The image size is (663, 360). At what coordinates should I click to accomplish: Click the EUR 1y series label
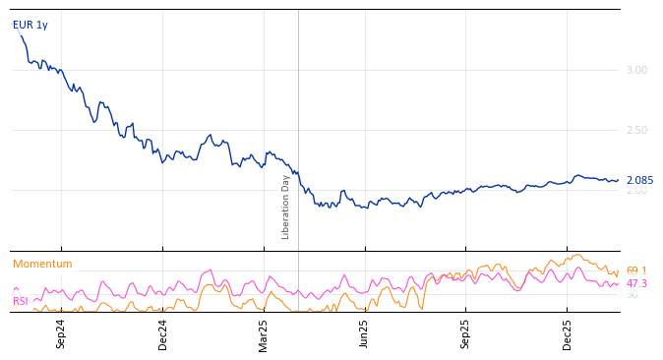[x=30, y=25]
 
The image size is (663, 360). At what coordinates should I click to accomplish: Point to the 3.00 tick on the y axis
[x=636, y=70]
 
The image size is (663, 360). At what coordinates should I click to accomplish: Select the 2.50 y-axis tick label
[x=636, y=130]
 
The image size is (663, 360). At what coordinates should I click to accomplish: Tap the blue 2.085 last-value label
[x=639, y=180]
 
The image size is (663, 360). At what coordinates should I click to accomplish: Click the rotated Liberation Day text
[x=286, y=207]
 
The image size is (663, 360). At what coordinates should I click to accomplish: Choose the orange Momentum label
[x=42, y=264]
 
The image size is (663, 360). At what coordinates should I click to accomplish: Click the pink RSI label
[x=21, y=301]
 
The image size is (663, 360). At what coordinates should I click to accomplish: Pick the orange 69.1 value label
[x=636, y=270]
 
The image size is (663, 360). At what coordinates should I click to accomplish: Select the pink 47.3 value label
[x=636, y=283]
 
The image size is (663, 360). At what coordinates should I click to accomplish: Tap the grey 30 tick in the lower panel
[x=633, y=295]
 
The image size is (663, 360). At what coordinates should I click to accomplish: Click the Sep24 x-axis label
[x=61, y=333]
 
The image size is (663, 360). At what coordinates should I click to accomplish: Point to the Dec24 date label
[x=163, y=333]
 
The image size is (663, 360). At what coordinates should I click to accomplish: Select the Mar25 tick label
[x=264, y=333]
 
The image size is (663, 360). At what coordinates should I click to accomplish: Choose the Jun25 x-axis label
[x=365, y=333]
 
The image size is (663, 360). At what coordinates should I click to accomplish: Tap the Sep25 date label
[x=466, y=333]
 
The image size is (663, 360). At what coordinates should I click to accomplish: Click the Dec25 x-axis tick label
[x=568, y=333]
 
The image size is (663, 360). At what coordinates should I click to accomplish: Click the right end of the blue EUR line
[x=618, y=180]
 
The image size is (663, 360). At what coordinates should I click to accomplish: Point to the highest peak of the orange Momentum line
[x=577, y=255]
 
